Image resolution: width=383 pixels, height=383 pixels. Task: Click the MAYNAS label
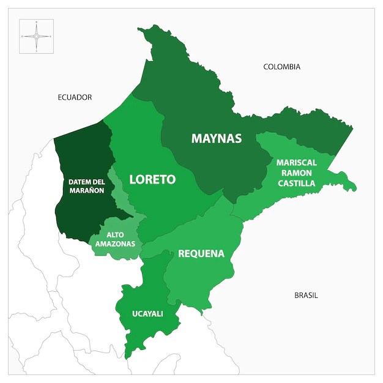[217, 138]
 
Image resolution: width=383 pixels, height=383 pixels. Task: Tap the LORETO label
[152, 179]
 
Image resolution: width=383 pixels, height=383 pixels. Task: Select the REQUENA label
[201, 253]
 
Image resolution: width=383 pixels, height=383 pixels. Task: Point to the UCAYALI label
[147, 314]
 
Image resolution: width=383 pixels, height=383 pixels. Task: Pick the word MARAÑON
[86, 190]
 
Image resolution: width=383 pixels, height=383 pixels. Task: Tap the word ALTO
[116, 235]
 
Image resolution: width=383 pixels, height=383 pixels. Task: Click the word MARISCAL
[296, 163]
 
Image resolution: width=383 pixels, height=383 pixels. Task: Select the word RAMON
[296, 173]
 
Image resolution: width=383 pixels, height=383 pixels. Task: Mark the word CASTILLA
[296, 183]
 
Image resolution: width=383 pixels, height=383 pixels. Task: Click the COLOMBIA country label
[281, 67]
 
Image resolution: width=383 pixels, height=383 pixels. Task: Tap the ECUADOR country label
[75, 97]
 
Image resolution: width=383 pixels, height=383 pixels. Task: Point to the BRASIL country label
[306, 295]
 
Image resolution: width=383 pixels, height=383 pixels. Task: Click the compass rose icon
[36, 36]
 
